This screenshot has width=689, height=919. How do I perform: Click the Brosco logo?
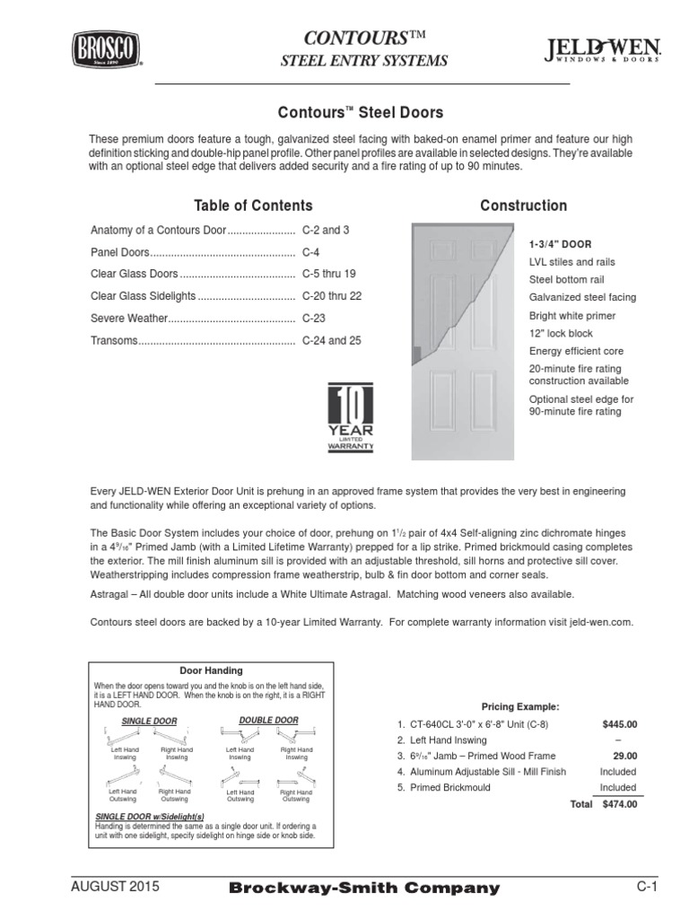point(106,50)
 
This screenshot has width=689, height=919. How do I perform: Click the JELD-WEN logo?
point(603,51)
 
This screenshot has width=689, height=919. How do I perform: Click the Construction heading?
point(523,206)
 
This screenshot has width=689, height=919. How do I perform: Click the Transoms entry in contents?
point(114,340)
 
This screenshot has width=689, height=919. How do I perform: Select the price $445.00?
point(619,724)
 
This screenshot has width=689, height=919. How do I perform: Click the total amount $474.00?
point(619,804)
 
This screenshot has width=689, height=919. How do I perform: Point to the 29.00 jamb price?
point(624,756)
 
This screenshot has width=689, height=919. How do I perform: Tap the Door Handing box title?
point(212,670)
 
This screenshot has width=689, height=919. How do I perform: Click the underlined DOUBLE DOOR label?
point(268,720)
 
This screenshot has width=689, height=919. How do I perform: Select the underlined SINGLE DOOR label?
point(149,721)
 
